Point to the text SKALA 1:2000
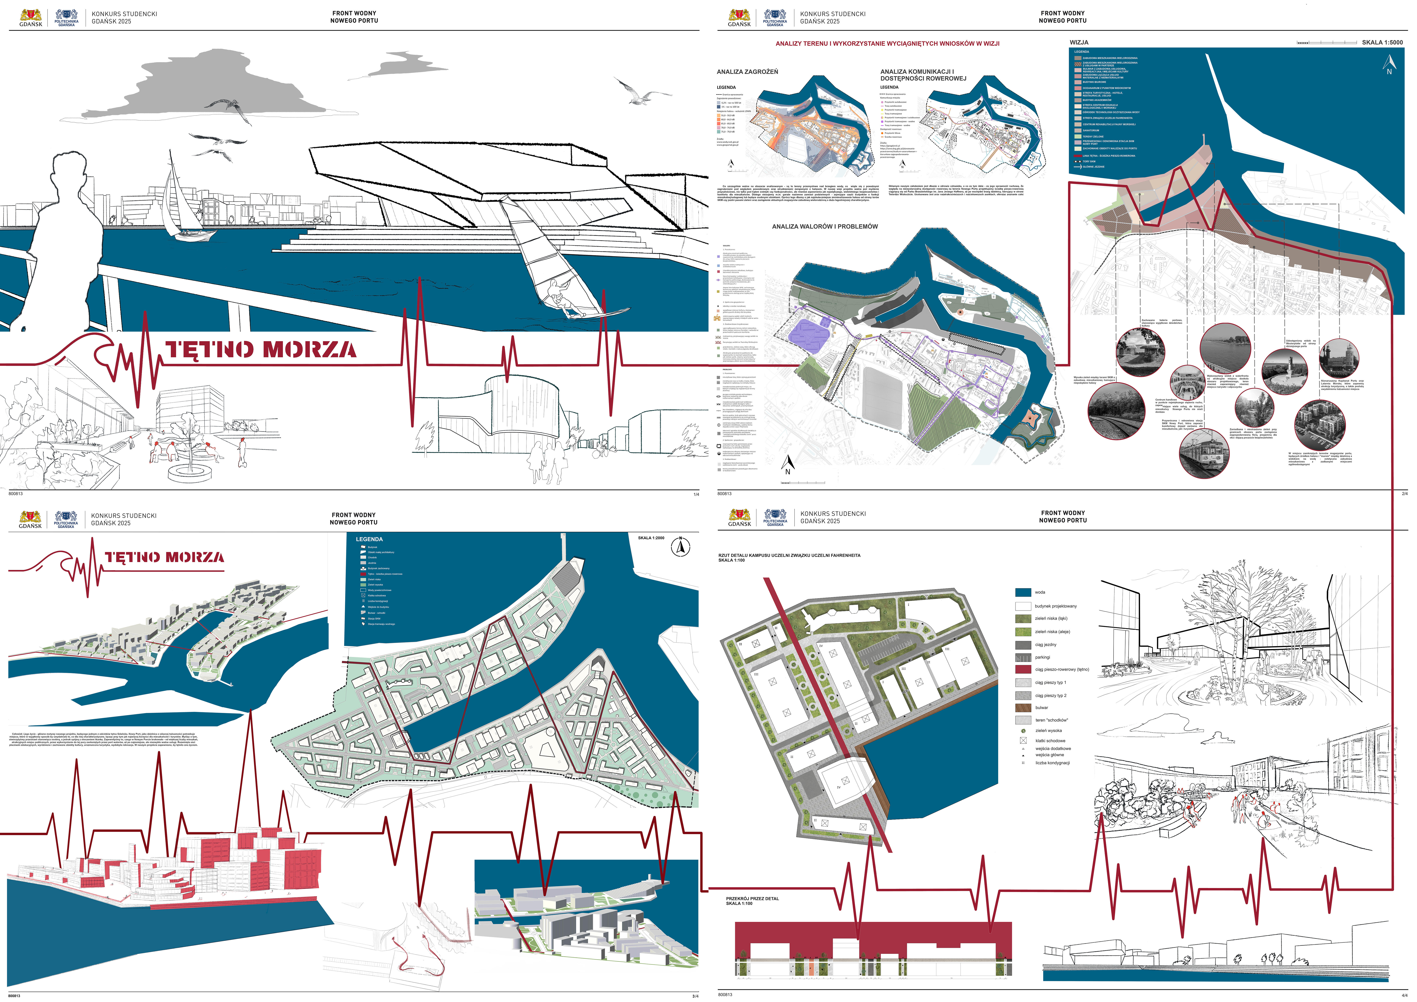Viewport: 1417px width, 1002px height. [x=651, y=538]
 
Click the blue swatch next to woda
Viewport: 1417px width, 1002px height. [x=1023, y=592]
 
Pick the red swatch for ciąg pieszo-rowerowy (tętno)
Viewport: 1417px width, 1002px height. [x=1023, y=669]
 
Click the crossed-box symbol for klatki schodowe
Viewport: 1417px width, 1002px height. [x=1023, y=740]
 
